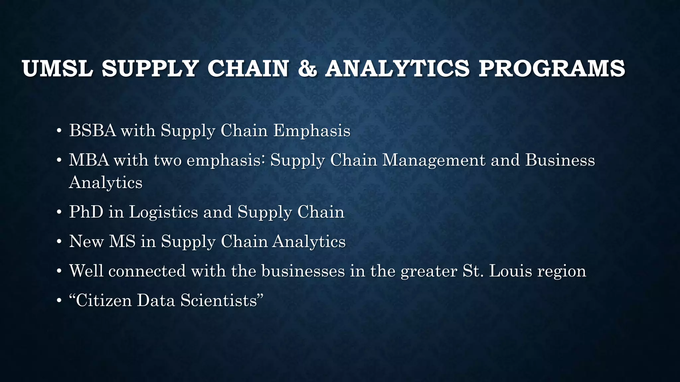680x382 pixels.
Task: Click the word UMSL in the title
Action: coord(57,69)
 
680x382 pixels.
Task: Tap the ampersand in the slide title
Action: coord(307,69)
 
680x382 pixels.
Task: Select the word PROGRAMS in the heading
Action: coord(552,69)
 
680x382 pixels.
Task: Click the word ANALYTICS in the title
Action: coord(397,69)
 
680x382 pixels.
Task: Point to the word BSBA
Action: coord(93,130)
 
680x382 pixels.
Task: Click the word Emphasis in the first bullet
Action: coord(312,130)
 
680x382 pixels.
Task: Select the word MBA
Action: coord(89,160)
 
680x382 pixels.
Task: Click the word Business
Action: coord(560,160)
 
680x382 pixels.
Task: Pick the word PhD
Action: coord(86,212)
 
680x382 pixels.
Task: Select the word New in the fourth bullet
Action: coord(86,241)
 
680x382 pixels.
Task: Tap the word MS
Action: coord(122,241)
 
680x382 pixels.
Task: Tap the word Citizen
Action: coord(104,300)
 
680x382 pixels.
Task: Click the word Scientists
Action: coord(219,300)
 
